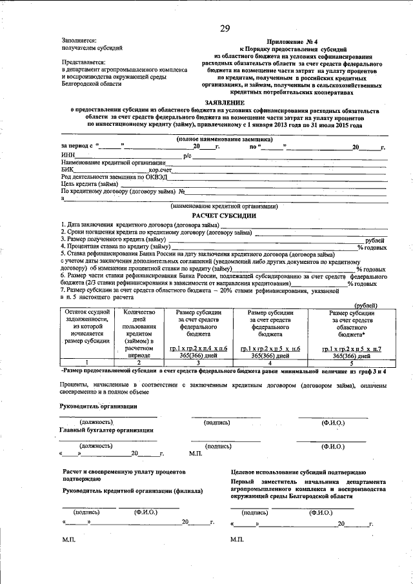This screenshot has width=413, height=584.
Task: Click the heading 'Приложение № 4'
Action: [x=303, y=41]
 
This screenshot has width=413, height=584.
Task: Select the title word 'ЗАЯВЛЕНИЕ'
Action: [x=225, y=103]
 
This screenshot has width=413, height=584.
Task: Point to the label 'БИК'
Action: [x=68, y=170]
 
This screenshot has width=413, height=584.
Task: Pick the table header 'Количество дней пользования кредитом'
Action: [x=136, y=330]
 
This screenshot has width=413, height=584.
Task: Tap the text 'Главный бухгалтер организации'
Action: [x=106, y=430]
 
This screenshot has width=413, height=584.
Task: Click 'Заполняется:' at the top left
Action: [x=79, y=41]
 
